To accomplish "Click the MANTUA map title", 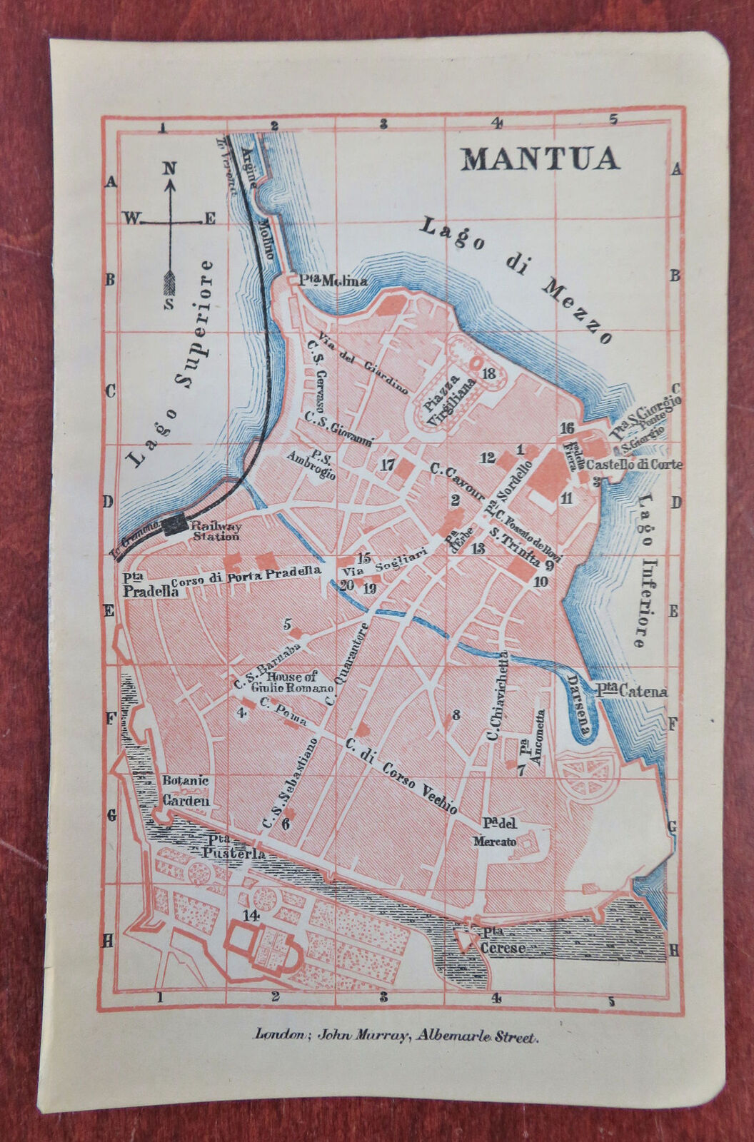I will click(x=540, y=158).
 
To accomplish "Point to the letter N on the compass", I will click(x=169, y=168).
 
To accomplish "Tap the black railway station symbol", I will click(x=174, y=526).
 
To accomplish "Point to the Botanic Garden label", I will click(x=185, y=791).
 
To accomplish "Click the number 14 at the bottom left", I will click(x=250, y=916).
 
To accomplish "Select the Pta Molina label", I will click(x=328, y=281).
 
